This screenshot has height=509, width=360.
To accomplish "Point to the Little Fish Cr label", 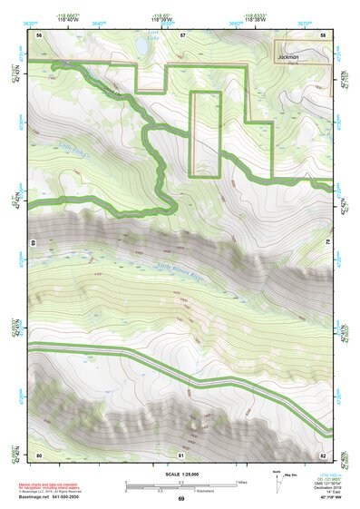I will (x=74, y=146).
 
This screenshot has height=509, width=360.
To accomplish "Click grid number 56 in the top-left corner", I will (x=40, y=34).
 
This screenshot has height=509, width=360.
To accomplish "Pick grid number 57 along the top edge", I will (x=182, y=34).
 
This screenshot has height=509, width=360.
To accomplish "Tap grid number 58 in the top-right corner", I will (x=323, y=34).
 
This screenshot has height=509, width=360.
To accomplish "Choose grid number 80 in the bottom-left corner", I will (x=40, y=454).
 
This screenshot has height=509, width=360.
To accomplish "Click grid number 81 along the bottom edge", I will (x=182, y=454).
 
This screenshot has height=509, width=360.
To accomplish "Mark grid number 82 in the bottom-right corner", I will (x=323, y=454).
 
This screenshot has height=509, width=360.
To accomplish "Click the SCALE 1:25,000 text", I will (x=181, y=474).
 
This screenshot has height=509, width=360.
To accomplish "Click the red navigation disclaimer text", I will (x=54, y=487).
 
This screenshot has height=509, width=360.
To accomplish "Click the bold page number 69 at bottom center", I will (x=181, y=500).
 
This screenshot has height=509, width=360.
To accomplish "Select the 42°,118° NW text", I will (x=325, y=498).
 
